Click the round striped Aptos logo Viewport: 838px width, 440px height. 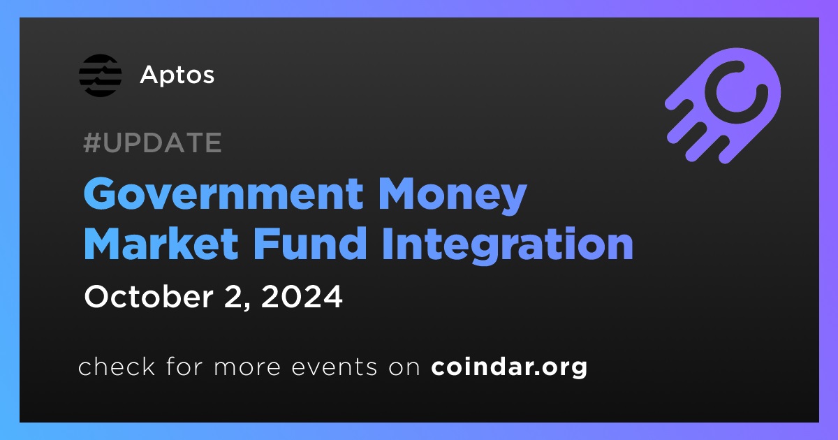pos(101,75)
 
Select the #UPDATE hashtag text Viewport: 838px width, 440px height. pos(153,142)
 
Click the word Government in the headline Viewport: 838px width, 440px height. pos(223,194)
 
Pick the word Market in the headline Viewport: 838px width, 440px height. pos(161,244)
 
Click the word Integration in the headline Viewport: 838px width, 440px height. pos(507,246)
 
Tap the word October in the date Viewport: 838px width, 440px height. pos(149,296)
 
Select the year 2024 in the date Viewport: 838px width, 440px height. pos(302,296)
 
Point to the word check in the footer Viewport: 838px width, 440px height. pos(117,366)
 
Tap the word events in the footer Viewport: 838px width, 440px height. pos(335,367)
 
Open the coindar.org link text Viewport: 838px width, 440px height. pos(509,367)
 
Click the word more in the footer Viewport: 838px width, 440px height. pos(247,367)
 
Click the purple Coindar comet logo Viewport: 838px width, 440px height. pos(723,105)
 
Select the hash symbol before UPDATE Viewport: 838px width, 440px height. pos(91,142)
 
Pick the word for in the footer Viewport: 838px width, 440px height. pos(184,366)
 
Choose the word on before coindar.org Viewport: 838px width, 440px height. pos(404,367)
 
